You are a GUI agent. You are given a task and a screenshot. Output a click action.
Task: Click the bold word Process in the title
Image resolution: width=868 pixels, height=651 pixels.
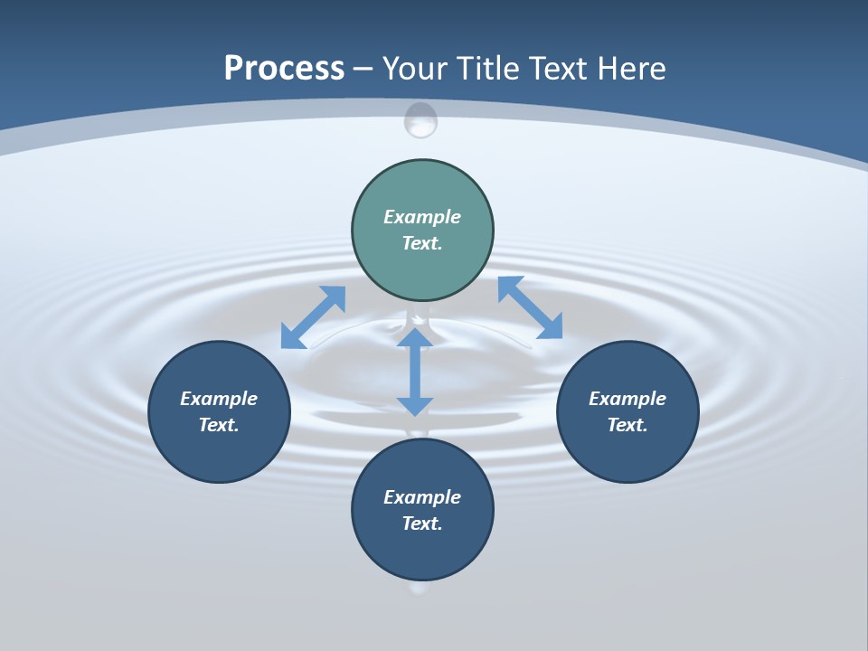click(284, 68)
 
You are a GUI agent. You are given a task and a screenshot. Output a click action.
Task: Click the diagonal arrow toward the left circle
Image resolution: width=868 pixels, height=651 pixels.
click(313, 316)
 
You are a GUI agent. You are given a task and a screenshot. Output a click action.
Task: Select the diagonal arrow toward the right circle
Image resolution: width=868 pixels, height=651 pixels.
click(530, 307)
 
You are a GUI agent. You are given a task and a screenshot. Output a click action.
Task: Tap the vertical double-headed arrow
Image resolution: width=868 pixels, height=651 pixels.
click(415, 372)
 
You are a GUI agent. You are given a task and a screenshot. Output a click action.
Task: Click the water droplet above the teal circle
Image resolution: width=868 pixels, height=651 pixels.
click(420, 120)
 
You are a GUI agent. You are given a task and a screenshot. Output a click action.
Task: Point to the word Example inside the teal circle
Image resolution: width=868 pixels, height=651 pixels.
click(422, 217)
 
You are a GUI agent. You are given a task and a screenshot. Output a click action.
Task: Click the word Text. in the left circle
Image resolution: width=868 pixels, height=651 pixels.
click(219, 425)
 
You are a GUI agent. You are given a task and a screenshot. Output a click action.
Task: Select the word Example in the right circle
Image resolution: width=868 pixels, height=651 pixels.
click(627, 399)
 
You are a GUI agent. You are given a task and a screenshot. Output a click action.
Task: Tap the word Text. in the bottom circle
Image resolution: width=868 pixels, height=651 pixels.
click(422, 524)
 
